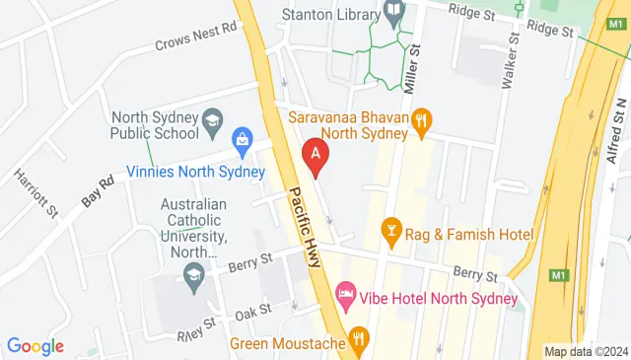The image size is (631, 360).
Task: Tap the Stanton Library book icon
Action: [x=394, y=14]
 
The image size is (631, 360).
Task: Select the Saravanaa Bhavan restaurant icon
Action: [x=423, y=120]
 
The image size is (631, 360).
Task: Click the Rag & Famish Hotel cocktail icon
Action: [x=391, y=233]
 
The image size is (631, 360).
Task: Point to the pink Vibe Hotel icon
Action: [x=345, y=295]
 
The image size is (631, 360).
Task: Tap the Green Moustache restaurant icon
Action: [x=359, y=344]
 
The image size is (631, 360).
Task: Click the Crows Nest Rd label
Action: [x=197, y=36]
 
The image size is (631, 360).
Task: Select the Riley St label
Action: [x=195, y=325]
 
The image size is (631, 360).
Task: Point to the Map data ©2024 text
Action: [x=586, y=351]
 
